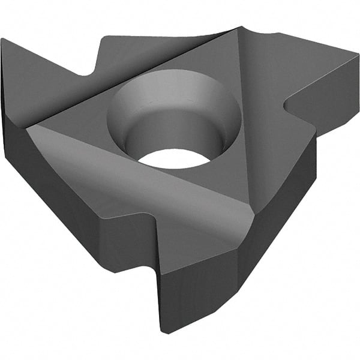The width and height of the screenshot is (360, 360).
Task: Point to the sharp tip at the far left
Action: point(2,40)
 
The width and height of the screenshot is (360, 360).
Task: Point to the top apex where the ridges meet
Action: point(239,28)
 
